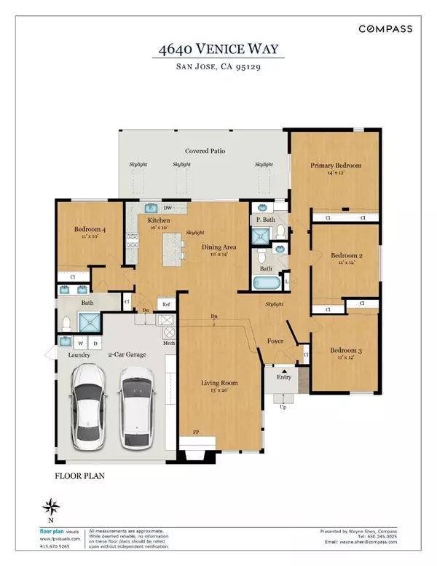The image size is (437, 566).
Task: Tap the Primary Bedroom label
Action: click(336, 166)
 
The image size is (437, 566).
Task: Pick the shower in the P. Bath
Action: click(259, 235)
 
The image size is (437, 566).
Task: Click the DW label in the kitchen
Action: click(167, 207)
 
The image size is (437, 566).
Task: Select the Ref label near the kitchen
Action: click(166, 304)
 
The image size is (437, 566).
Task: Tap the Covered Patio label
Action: click(205, 151)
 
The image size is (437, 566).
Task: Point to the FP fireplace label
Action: click(196, 433)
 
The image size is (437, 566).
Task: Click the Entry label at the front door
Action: click(281, 377)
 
